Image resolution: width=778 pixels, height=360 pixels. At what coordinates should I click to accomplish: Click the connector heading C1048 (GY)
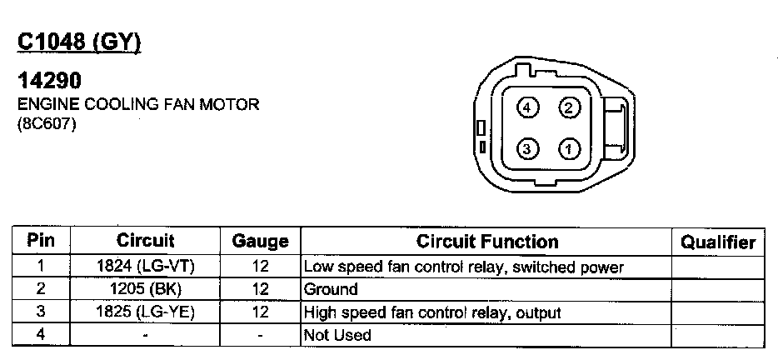pyautogui.click(x=79, y=42)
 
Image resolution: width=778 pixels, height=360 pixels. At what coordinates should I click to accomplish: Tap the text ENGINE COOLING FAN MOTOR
pyautogui.click(x=138, y=105)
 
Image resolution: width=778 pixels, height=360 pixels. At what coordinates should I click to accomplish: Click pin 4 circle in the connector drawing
pyautogui.click(x=527, y=107)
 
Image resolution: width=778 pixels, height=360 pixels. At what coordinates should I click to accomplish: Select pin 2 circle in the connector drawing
pyautogui.click(x=569, y=107)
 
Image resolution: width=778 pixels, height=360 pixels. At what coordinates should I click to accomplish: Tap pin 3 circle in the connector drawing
pyautogui.click(x=527, y=150)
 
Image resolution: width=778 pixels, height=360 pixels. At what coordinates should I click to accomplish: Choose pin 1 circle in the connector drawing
pyautogui.click(x=569, y=150)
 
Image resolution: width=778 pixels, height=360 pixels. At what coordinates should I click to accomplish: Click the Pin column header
pyautogui.click(x=41, y=242)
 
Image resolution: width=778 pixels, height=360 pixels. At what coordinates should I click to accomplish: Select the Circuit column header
pyautogui.click(x=146, y=242)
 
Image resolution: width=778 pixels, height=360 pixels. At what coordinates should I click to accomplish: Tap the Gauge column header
pyautogui.click(x=260, y=242)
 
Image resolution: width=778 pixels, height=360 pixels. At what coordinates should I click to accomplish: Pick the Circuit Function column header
pyautogui.click(x=487, y=242)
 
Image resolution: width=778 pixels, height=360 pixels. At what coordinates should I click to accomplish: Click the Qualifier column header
pyautogui.click(x=717, y=242)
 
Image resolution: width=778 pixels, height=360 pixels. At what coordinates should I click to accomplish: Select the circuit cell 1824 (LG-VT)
pyautogui.click(x=146, y=267)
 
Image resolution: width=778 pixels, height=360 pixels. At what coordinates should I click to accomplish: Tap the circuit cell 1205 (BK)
pyautogui.click(x=146, y=290)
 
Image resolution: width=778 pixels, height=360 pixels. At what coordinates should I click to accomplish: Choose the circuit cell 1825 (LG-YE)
pyautogui.click(x=146, y=312)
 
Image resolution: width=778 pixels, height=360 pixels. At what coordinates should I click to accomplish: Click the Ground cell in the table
pyautogui.click(x=331, y=290)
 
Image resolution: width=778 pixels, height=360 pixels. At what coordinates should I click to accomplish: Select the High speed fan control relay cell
pyautogui.click(x=432, y=312)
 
